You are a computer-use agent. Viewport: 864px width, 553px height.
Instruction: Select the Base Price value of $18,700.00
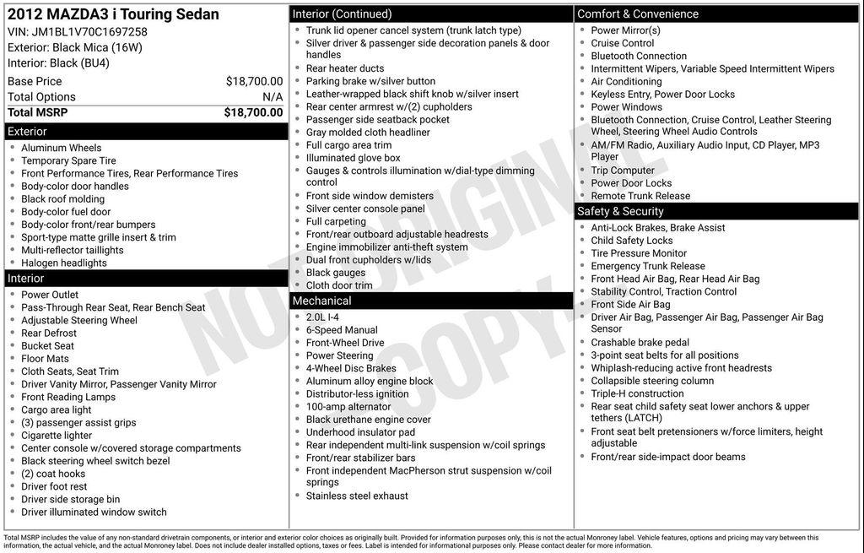coord(254,81)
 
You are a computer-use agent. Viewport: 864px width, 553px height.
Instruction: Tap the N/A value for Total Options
coord(273,97)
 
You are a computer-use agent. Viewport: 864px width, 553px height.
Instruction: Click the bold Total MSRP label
coord(44,112)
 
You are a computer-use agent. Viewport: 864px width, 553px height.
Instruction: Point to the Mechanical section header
coord(321,301)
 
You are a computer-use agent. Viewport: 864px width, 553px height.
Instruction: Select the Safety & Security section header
coord(620,211)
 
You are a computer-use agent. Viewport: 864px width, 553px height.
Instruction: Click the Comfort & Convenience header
coord(638,14)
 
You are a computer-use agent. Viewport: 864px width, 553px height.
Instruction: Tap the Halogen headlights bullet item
coord(64,263)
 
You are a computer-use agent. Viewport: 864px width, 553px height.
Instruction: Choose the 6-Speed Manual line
coord(342,330)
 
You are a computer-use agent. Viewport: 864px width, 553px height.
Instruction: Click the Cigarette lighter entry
coord(57,436)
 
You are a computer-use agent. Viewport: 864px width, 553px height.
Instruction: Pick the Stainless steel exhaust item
coord(357,496)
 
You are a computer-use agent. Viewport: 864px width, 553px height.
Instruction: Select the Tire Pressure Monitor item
coord(639,253)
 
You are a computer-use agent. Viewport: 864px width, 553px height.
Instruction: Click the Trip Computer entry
coord(623,171)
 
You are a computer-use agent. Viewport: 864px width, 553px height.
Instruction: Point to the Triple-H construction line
coord(637,393)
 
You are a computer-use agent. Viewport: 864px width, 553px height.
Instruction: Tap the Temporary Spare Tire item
coord(68,160)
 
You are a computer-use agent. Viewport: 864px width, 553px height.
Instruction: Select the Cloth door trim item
coord(339,285)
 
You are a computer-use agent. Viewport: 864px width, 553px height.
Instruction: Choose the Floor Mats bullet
coord(45,359)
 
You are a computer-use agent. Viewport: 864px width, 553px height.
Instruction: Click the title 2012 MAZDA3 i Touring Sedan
coord(113,14)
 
